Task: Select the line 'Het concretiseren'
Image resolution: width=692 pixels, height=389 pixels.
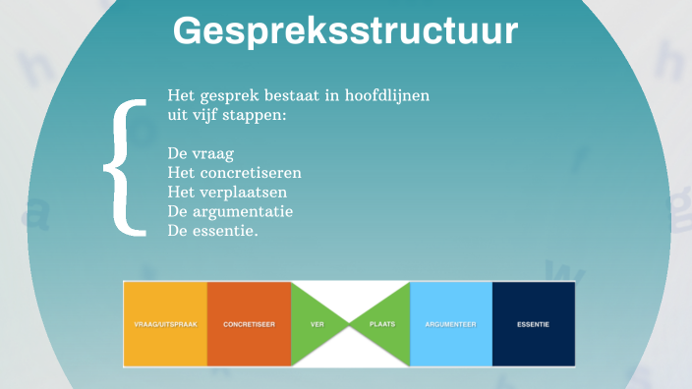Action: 234,173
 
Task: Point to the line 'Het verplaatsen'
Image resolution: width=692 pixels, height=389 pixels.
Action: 225,192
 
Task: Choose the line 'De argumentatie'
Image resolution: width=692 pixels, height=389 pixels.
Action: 231,210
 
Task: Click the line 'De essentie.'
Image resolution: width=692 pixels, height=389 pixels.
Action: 213,229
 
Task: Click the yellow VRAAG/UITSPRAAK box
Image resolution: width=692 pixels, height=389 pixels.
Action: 165,324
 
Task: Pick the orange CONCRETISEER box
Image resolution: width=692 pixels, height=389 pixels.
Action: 249,324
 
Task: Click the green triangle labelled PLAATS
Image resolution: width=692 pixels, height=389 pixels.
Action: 384,323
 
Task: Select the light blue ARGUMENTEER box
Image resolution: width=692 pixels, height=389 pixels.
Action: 450,324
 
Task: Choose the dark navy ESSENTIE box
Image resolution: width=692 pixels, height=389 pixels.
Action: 533,324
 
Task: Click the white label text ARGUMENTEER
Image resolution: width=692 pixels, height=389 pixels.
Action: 450,324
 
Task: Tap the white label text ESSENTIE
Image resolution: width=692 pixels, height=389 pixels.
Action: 533,324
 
